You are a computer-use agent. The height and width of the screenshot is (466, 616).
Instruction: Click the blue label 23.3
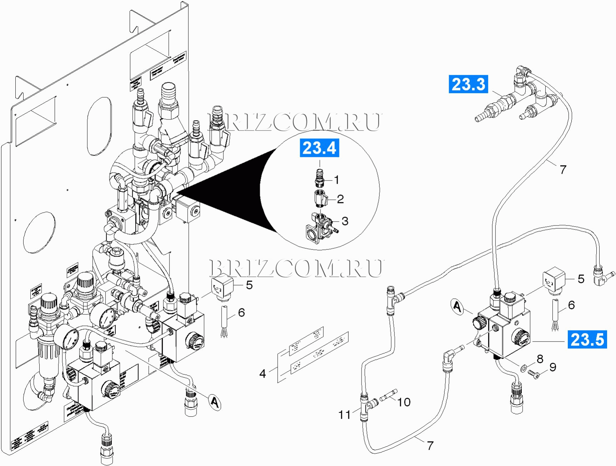point(468,84)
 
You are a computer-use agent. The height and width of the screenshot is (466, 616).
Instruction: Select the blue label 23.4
point(319,148)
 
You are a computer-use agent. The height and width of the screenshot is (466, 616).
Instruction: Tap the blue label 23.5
point(587,339)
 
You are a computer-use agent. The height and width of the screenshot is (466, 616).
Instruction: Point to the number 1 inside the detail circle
point(336,180)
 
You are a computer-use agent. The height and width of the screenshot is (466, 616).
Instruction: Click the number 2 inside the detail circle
point(340,199)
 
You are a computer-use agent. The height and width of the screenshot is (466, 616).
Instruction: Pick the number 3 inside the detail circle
point(345,221)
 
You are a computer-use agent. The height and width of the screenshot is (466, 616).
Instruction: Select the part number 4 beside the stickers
point(263,374)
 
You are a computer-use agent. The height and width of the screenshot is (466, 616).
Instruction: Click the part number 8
point(540,359)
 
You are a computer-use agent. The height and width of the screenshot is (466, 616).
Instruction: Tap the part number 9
point(553,367)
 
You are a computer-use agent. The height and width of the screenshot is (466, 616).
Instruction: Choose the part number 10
point(404,402)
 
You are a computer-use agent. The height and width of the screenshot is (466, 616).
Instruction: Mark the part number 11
point(344,415)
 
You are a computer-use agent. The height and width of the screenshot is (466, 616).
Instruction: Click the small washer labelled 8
point(524,367)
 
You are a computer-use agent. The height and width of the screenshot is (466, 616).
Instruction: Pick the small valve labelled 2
point(320,198)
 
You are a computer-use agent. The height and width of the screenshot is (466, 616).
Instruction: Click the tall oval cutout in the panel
point(99,126)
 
